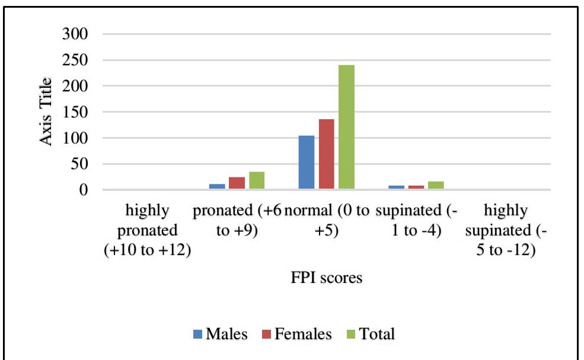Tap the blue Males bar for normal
tap(307, 163)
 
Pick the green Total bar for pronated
tap(257, 181)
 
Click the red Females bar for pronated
tap(237, 183)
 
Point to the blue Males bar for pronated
tap(218, 187)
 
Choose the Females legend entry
tap(295, 334)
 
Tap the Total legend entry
tap(371, 334)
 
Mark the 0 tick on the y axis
tap(84, 190)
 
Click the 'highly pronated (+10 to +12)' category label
tap(148, 230)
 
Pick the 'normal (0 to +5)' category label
tap(326, 220)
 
